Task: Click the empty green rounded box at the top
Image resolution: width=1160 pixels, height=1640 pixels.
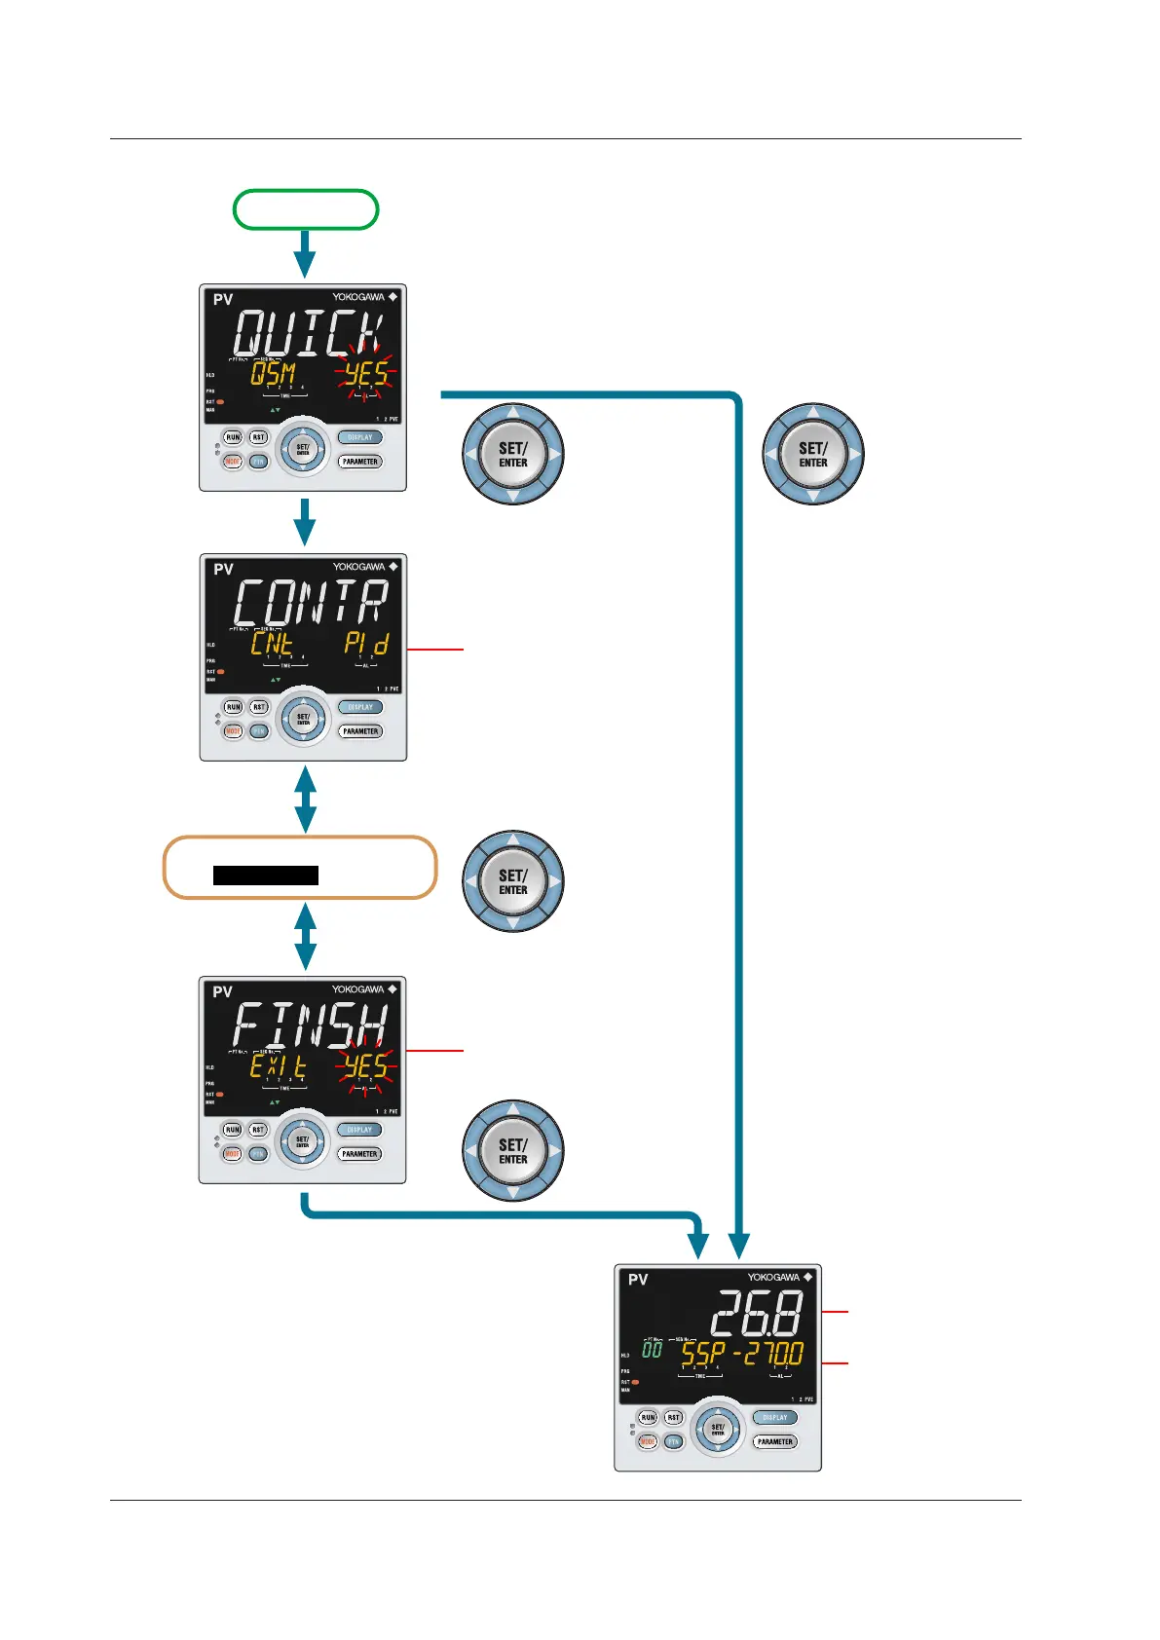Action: pos(306,209)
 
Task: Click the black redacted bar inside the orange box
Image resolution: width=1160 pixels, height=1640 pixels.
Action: pos(266,875)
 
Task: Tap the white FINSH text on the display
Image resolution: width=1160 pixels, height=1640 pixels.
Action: pos(310,1025)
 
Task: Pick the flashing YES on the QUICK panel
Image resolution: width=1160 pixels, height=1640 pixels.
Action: pos(365,374)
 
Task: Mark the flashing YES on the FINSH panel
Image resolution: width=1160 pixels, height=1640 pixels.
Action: pos(365,1066)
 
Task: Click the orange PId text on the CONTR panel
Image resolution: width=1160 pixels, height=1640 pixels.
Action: pos(366,644)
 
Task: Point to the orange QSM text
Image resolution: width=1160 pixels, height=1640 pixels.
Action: pos(273,374)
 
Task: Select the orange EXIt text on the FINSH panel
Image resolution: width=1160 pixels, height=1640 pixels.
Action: pos(278,1066)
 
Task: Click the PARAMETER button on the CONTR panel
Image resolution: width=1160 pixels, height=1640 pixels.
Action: pos(360,731)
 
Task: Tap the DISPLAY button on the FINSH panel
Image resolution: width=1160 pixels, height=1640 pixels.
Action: pos(359,1130)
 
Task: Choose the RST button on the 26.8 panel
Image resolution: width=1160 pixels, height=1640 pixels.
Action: pos(673,1417)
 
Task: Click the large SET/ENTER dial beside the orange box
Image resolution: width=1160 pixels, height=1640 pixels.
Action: pos(513,881)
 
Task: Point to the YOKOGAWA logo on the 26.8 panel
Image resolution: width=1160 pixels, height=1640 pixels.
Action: pos(773,1277)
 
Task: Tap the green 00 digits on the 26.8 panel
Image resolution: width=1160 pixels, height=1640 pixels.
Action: pos(652,1350)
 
